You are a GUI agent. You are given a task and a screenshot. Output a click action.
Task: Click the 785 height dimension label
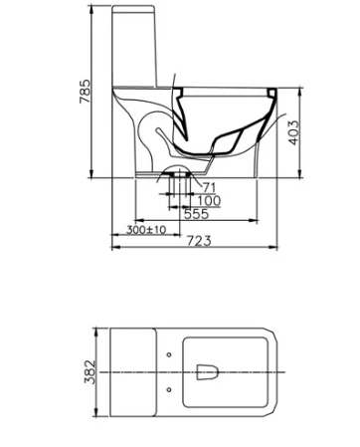(85, 92)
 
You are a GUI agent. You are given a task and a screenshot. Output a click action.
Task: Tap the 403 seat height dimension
(293, 132)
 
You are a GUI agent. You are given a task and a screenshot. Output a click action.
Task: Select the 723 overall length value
(199, 241)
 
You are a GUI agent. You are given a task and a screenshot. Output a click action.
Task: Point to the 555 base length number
(197, 214)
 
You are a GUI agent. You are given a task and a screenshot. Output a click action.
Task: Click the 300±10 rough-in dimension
(146, 229)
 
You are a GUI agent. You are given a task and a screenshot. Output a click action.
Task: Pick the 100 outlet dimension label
(209, 201)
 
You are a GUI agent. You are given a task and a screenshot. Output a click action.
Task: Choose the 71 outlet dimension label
(209, 188)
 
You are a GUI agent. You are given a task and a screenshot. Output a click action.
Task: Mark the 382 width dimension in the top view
(90, 372)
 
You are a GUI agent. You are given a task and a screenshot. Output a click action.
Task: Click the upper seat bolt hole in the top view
(169, 354)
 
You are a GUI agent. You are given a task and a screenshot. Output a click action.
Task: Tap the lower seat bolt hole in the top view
(169, 389)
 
